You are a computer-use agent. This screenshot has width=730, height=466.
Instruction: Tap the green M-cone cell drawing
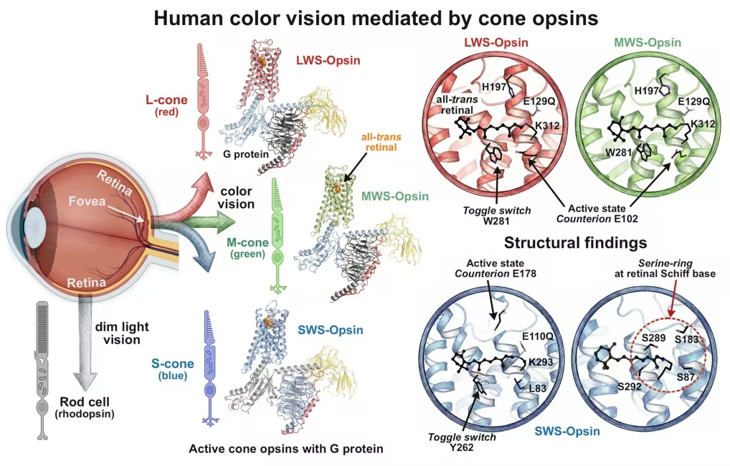tap(278, 236)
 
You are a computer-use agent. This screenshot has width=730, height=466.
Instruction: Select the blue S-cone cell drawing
tap(210, 368)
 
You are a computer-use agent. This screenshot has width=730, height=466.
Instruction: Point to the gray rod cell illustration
tap(42, 371)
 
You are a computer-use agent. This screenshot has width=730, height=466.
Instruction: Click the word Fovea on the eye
tap(87, 201)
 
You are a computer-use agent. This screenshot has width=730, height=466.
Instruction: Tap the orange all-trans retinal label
tap(381, 142)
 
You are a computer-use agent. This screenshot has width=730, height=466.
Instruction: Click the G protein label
tap(246, 154)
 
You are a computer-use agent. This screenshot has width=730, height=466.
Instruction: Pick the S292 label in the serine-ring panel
tap(630, 386)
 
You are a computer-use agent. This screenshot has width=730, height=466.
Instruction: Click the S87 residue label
tap(686, 377)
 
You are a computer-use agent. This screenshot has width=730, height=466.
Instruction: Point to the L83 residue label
tap(538, 389)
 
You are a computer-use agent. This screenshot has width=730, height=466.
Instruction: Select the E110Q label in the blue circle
tap(538, 336)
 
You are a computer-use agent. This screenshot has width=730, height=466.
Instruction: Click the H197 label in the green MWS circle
tap(647, 91)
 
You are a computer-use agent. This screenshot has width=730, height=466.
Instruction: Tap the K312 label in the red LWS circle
tap(547, 125)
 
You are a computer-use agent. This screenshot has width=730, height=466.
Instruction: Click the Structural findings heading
tap(575, 242)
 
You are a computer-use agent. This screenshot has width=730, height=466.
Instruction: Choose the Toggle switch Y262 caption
tap(462, 442)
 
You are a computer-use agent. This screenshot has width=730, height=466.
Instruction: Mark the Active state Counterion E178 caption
tap(496, 269)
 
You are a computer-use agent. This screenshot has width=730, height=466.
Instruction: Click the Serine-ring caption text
tap(665, 269)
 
